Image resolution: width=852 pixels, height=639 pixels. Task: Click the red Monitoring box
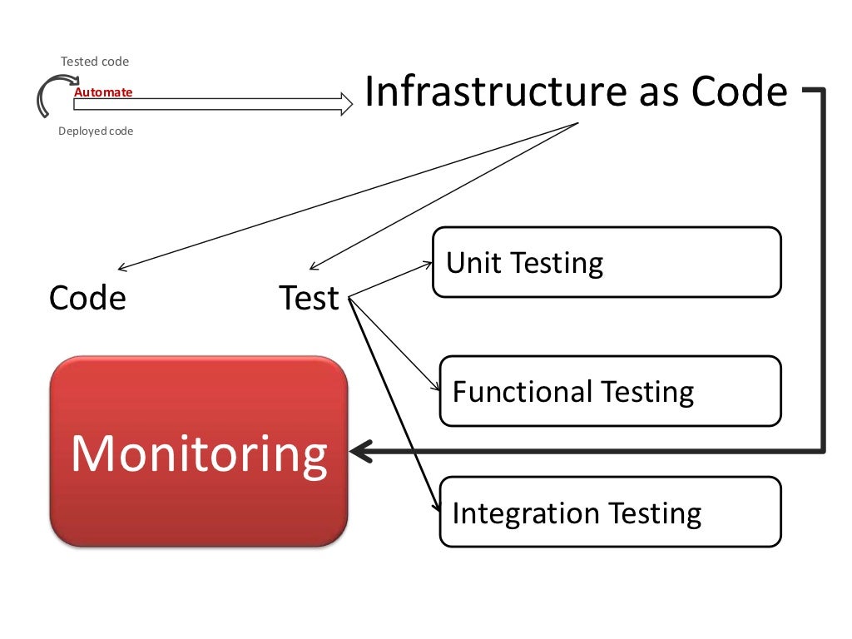(x=198, y=452)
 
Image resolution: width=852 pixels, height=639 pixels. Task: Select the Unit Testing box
(x=607, y=262)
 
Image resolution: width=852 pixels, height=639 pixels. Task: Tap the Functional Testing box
(x=610, y=391)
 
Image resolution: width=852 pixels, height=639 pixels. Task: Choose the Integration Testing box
(x=610, y=512)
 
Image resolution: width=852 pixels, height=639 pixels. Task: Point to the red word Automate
(x=103, y=92)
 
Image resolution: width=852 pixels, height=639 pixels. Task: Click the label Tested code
(x=95, y=62)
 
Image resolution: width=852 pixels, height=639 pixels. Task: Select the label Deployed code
(x=96, y=131)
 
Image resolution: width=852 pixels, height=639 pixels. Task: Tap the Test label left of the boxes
(x=310, y=298)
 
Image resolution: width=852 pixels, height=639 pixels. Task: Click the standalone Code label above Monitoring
(x=87, y=298)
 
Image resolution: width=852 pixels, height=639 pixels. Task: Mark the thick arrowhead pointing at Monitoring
(x=359, y=452)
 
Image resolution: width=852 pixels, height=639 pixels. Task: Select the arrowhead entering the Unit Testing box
(x=428, y=265)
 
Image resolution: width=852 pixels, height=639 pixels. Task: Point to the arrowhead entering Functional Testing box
(x=434, y=388)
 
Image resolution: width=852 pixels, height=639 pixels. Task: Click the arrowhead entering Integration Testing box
(x=435, y=508)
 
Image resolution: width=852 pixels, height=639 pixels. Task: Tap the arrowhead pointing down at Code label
(x=123, y=267)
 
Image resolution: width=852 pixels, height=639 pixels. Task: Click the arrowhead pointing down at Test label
(x=314, y=267)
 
